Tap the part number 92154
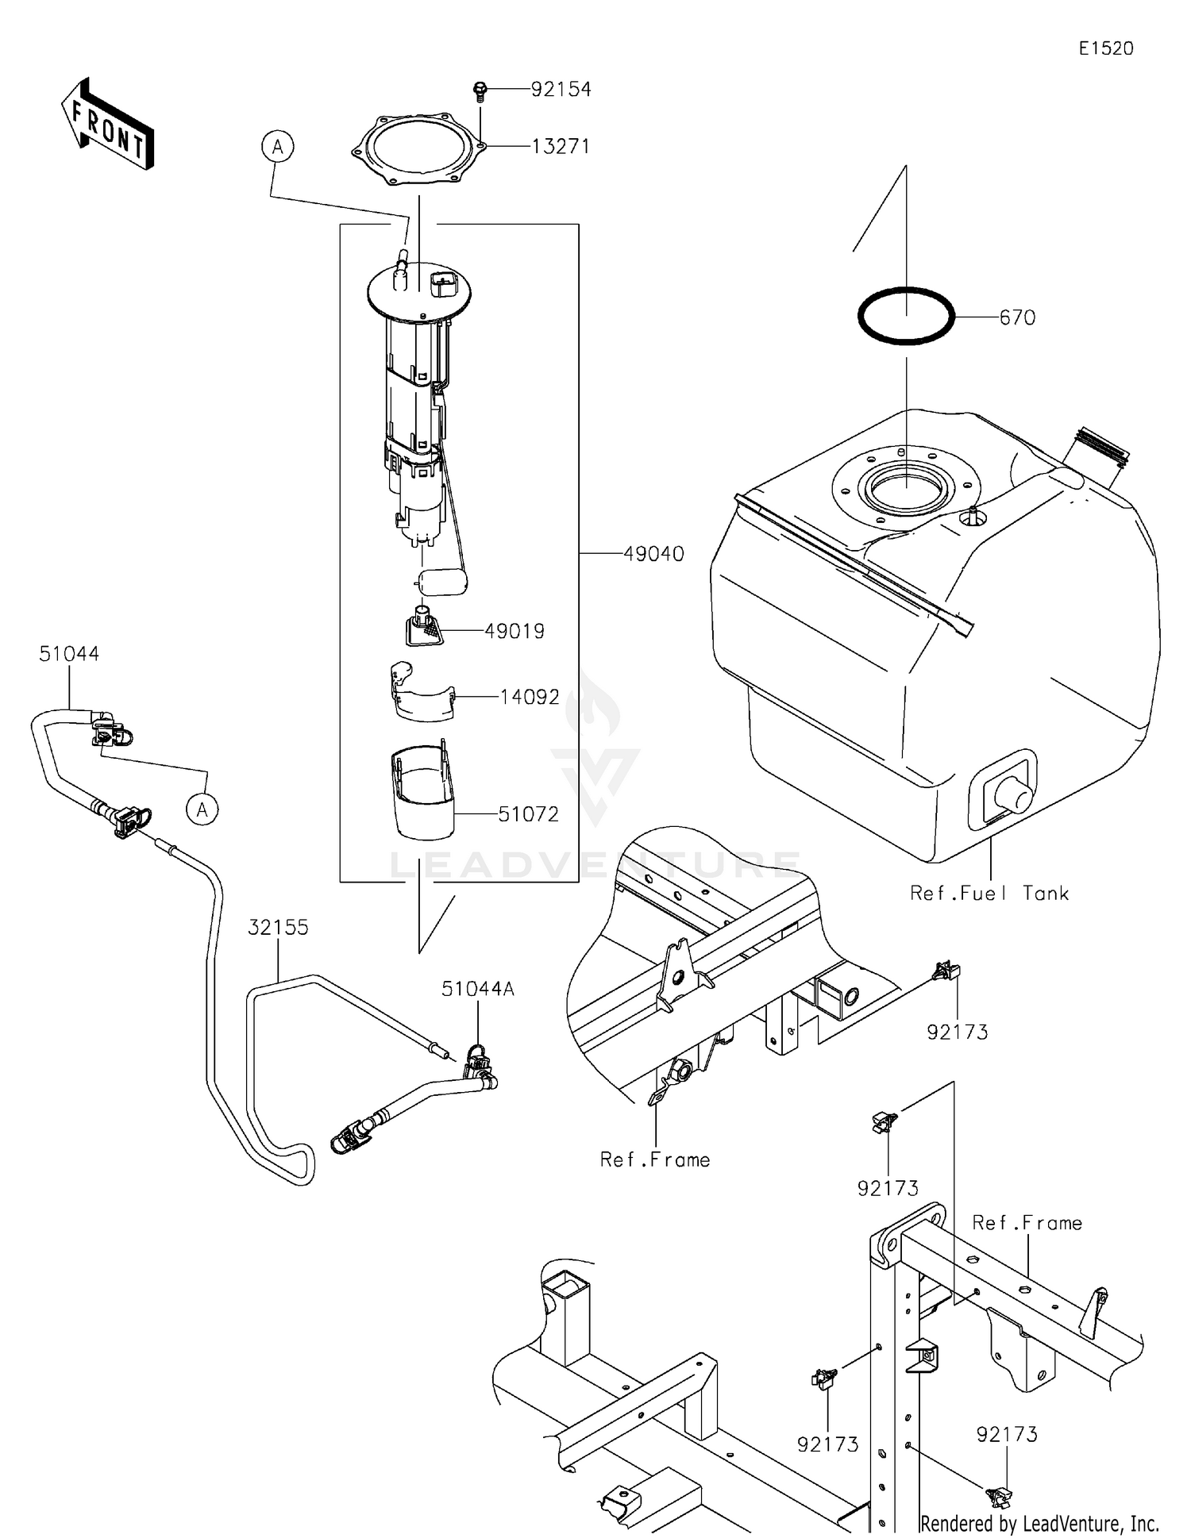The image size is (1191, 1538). (561, 90)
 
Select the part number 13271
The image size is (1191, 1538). (561, 147)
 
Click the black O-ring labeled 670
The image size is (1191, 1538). (906, 316)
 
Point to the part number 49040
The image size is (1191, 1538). (653, 554)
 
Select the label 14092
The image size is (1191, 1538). (530, 697)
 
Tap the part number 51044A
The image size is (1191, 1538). (478, 989)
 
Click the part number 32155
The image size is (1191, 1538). (278, 927)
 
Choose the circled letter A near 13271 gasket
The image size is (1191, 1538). (277, 147)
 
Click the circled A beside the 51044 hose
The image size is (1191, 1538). (202, 809)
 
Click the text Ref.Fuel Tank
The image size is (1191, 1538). (989, 894)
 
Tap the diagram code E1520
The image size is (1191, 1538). (1106, 48)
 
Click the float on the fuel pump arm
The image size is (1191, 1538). (442, 582)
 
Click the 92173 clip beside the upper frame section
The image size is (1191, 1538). (946, 971)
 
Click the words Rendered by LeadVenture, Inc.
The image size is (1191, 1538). (1039, 1523)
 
